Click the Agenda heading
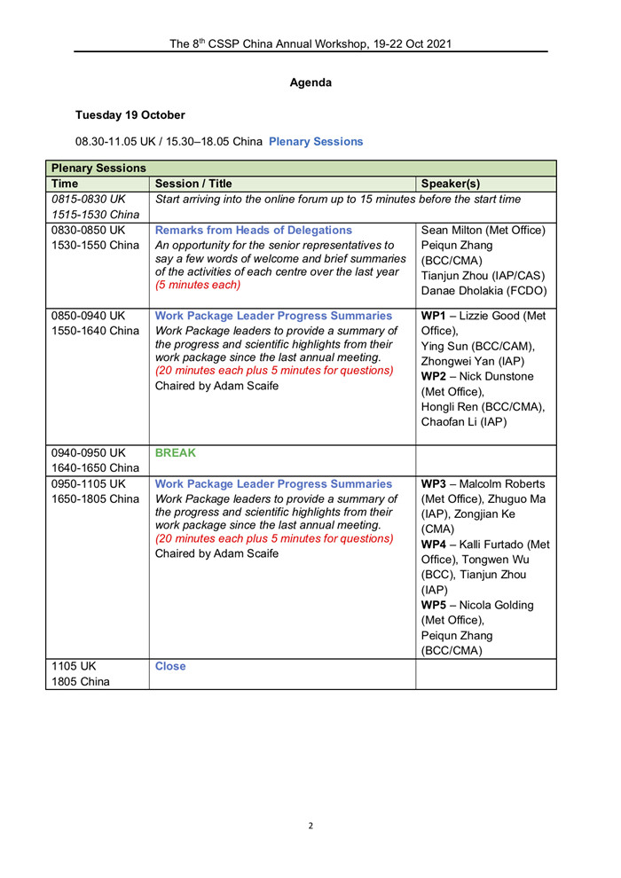tap(310, 82)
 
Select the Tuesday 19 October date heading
tap(130, 114)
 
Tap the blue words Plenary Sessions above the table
tap(315, 140)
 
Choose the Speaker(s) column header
tap(454, 184)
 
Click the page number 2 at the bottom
tap(310, 826)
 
